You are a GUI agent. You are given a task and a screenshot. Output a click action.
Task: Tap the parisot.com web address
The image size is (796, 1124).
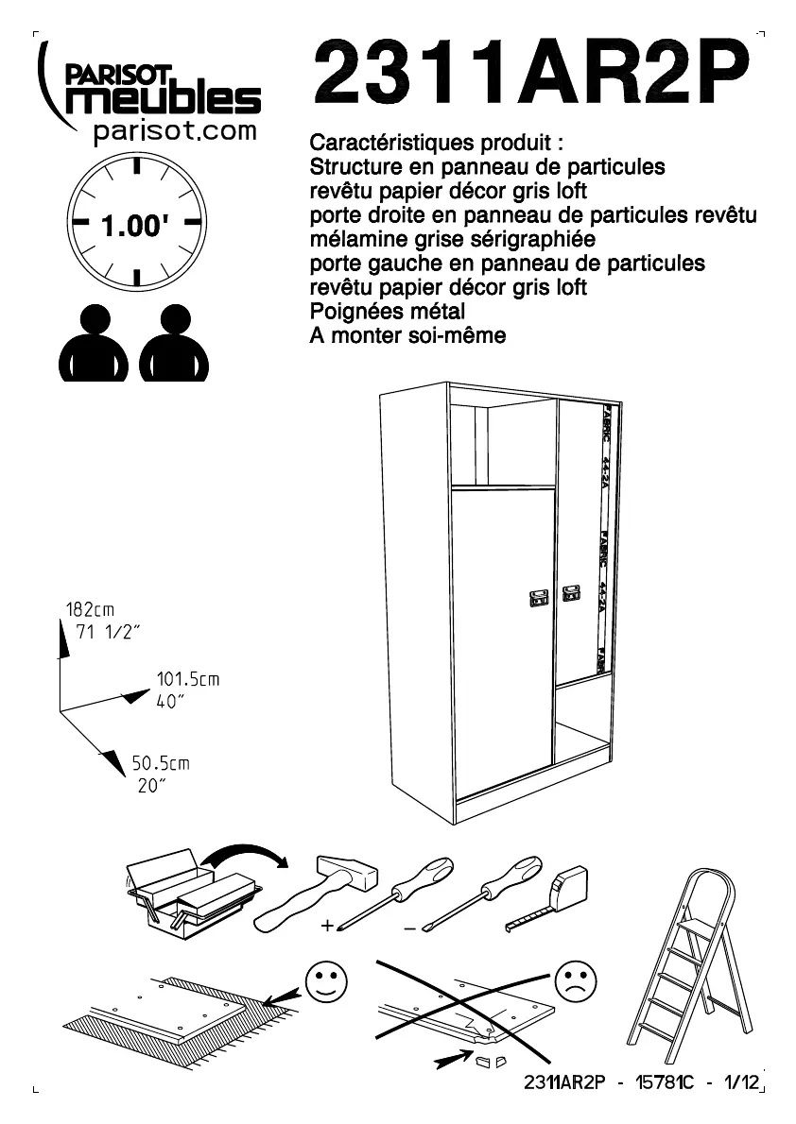click(175, 130)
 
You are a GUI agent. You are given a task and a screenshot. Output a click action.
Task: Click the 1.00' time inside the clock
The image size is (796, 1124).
click(135, 227)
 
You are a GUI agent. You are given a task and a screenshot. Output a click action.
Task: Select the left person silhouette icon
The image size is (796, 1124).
click(93, 344)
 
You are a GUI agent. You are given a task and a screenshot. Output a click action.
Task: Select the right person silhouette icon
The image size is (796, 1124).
click(174, 344)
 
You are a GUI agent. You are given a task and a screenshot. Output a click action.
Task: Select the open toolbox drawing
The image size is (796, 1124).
click(189, 893)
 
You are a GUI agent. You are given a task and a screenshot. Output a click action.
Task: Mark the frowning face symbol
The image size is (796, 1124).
click(575, 981)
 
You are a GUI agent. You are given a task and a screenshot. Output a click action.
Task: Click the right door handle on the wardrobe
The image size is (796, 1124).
click(570, 593)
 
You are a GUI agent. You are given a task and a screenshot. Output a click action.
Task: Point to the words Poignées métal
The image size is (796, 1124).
click(388, 311)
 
